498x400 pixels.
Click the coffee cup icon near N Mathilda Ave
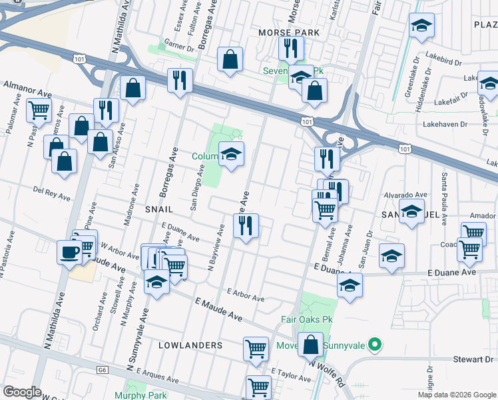click(69, 252)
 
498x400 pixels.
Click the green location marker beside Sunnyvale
click(375, 345)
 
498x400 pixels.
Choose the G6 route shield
click(102, 369)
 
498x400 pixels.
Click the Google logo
click(22, 392)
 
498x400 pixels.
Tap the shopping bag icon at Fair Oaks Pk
click(311, 345)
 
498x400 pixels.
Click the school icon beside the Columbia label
click(231, 155)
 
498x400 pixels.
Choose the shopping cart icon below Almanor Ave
click(39, 110)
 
